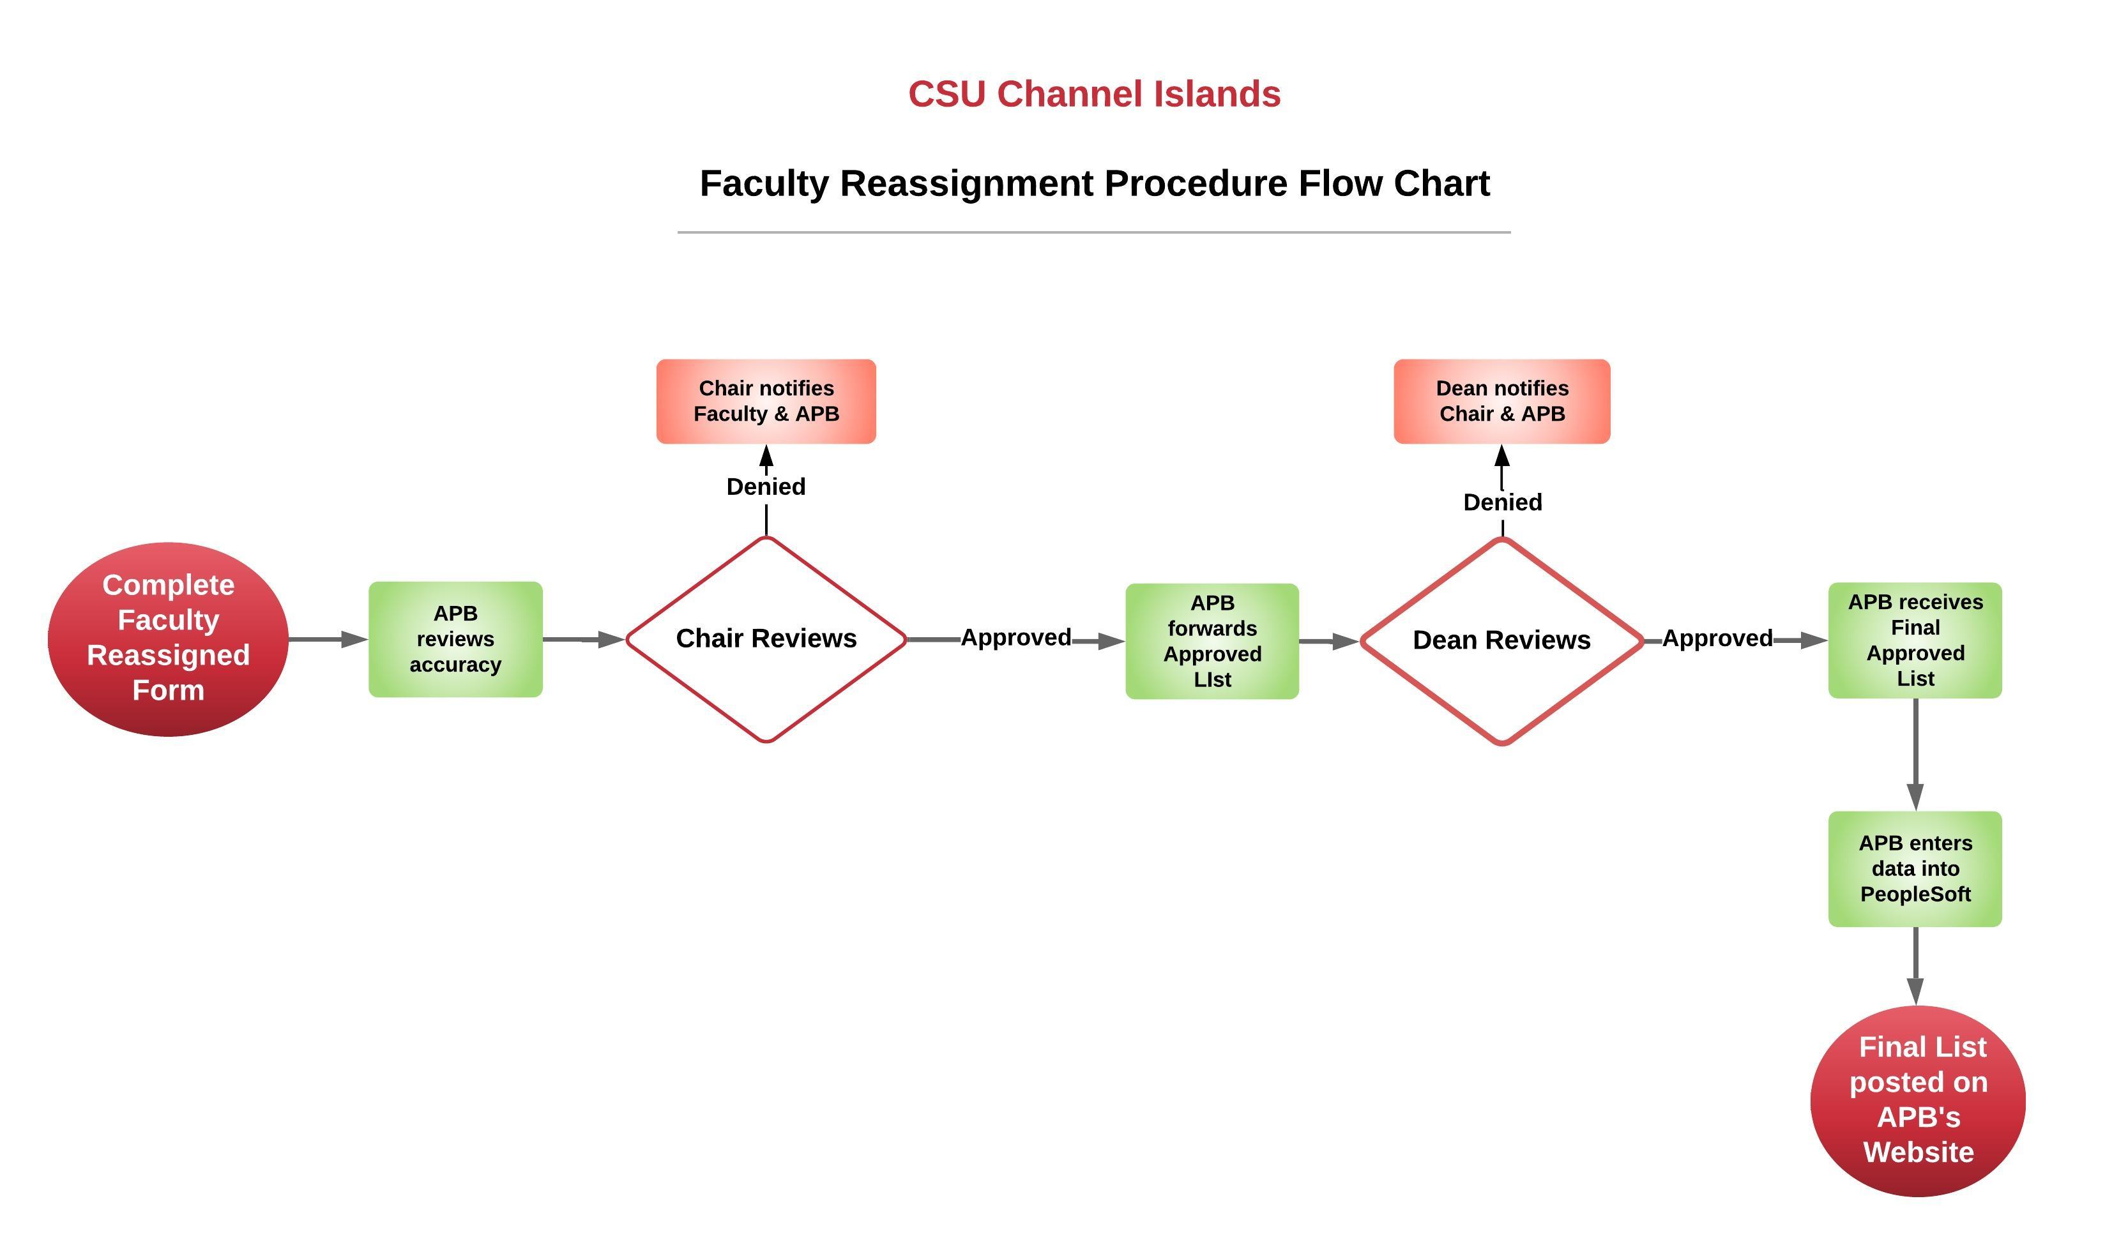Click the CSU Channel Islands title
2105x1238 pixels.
point(1094,94)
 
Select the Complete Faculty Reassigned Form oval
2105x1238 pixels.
point(168,639)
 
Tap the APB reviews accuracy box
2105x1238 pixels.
point(455,639)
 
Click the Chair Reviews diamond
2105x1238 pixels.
point(766,639)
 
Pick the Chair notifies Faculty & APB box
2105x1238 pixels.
point(766,401)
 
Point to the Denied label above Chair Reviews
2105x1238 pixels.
point(766,486)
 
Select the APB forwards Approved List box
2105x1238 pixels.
point(1212,641)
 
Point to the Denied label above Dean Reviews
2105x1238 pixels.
point(1502,502)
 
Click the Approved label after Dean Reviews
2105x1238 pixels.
point(1717,639)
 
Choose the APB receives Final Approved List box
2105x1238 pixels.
point(1915,640)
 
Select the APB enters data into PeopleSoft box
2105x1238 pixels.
point(1915,869)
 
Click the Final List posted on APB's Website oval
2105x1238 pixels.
point(1917,1100)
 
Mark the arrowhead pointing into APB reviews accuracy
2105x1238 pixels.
point(354,640)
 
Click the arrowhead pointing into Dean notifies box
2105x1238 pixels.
point(1502,457)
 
